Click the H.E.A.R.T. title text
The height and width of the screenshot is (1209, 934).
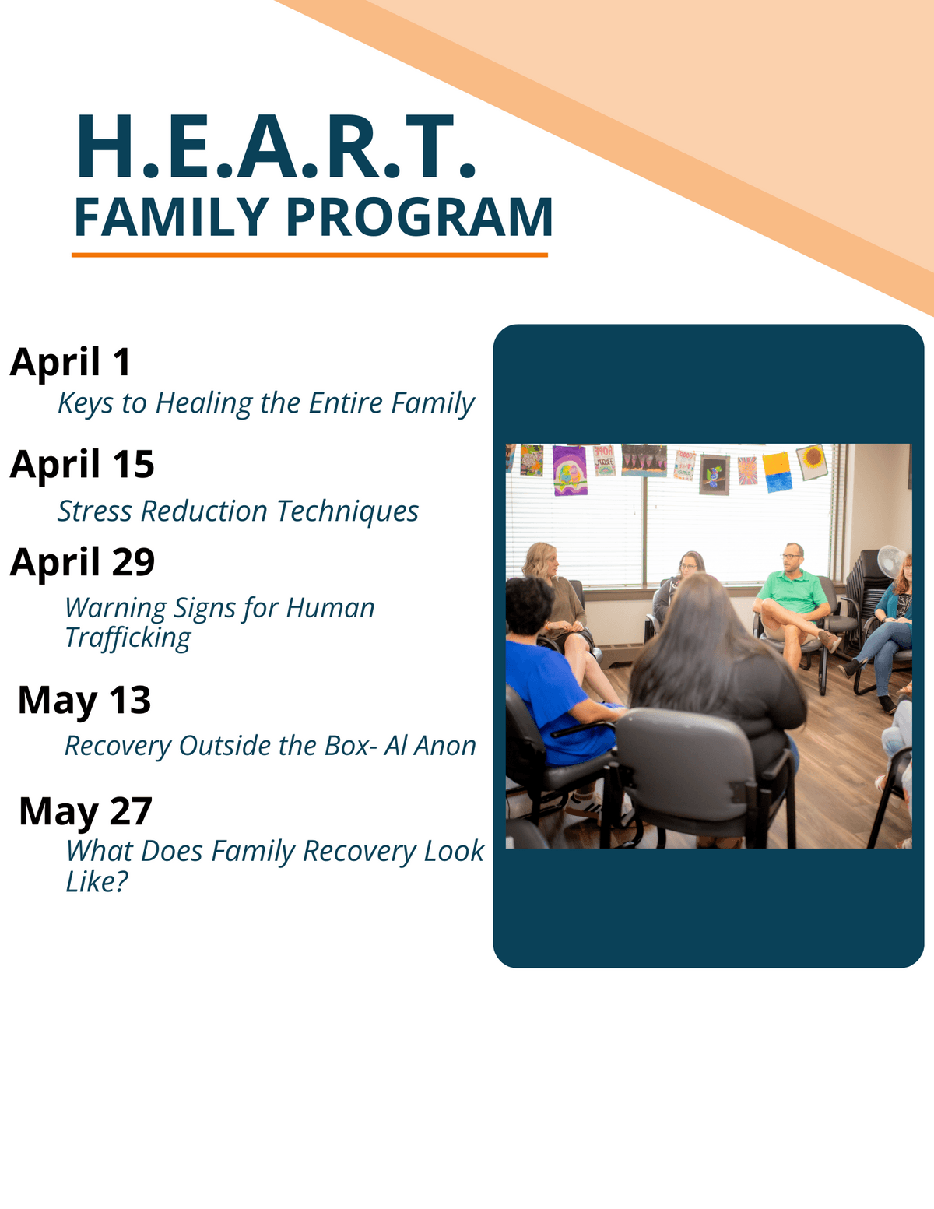[276, 146]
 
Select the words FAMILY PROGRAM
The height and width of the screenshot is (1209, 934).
[313, 217]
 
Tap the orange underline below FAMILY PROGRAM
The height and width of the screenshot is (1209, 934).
[310, 255]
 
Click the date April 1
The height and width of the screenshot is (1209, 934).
[71, 362]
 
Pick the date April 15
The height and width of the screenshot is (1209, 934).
[83, 465]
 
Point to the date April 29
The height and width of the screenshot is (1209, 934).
[83, 563]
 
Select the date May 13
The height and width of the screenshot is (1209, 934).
[85, 701]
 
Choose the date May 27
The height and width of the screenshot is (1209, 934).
[86, 812]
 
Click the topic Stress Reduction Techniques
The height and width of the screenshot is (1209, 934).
[238, 512]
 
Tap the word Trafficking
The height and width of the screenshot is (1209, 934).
[128, 638]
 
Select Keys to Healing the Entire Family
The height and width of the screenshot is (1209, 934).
[266, 404]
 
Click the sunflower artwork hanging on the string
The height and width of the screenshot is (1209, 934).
[812, 462]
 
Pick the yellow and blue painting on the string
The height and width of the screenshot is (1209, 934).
[777, 473]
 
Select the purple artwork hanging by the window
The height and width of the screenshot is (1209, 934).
[570, 471]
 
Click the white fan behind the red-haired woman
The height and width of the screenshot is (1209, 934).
[891, 562]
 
